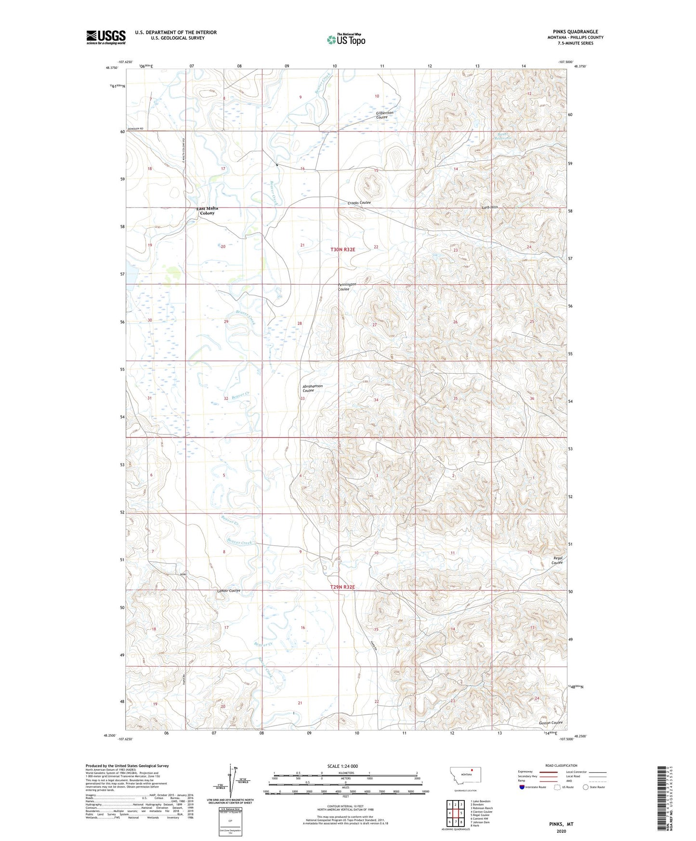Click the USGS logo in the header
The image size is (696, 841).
[x=106, y=37]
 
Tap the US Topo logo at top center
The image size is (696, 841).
[x=346, y=39]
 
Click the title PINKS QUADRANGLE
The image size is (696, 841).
[x=569, y=32]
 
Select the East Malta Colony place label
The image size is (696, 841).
[x=207, y=210]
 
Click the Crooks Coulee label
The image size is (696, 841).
[x=359, y=203]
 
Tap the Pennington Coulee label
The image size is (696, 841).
[x=347, y=287]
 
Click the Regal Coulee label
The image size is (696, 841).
[x=557, y=560]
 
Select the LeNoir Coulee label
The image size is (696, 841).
[x=229, y=591]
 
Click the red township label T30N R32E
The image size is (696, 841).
[x=343, y=250]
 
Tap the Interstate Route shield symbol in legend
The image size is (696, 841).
[x=523, y=788]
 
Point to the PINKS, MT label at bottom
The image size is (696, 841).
[x=561, y=824]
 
